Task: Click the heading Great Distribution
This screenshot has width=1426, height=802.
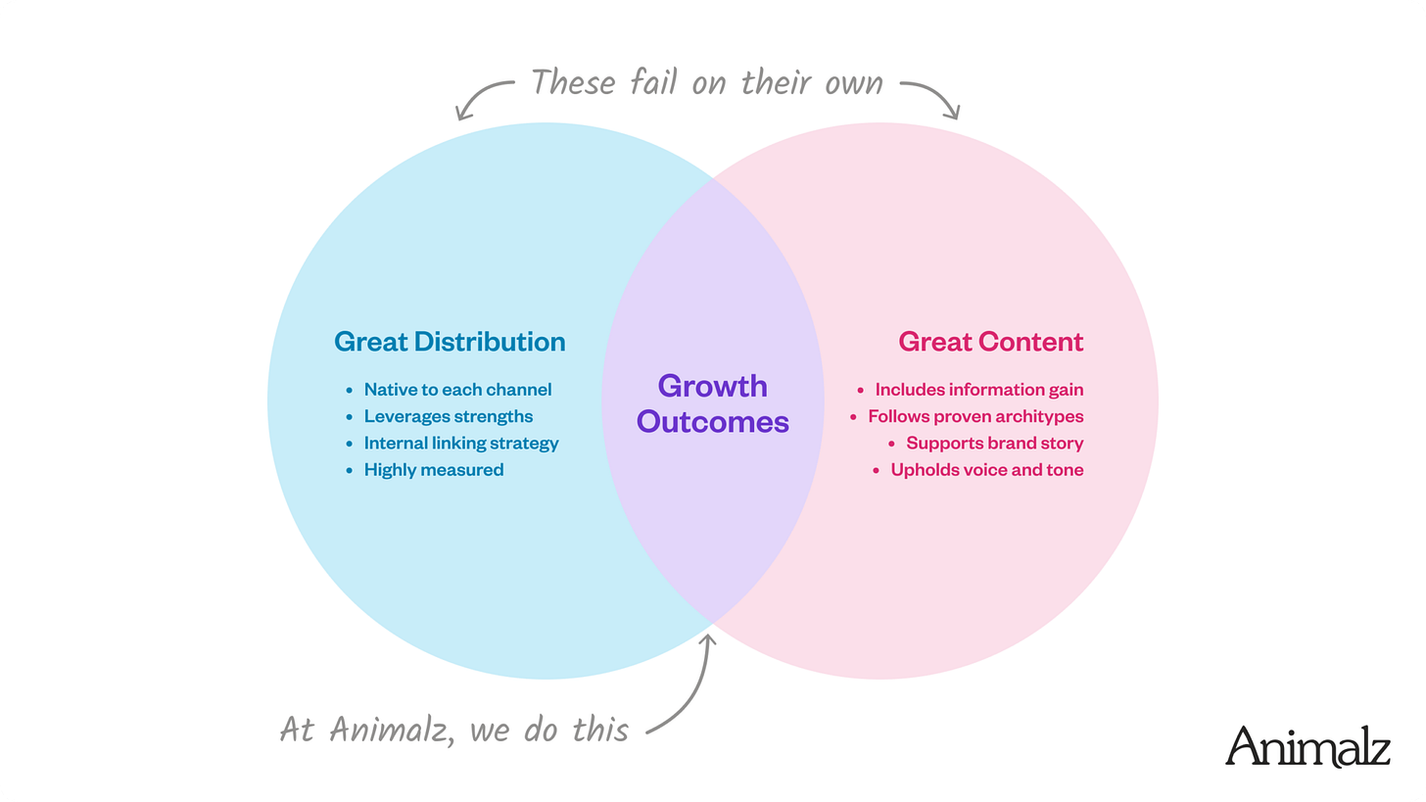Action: (x=450, y=342)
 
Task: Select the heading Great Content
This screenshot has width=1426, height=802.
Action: (x=991, y=342)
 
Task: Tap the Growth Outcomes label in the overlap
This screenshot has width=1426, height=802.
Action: (x=712, y=403)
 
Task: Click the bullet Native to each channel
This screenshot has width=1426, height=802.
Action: (x=457, y=390)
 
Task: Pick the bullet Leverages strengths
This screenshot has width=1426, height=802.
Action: (x=448, y=416)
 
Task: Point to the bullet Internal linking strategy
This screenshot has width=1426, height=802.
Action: (x=461, y=443)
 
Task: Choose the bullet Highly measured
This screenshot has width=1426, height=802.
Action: (x=433, y=470)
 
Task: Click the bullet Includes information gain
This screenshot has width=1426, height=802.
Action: (x=978, y=390)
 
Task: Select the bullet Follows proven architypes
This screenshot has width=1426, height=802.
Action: (x=975, y=416)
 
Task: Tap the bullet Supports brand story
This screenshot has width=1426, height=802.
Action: (x=994, y=443)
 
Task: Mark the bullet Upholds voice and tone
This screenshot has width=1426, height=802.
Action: (x=986, y=470)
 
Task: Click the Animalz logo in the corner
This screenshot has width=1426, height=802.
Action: (x=1307, y=746)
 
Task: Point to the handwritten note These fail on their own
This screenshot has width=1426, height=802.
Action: (x=706, y=82)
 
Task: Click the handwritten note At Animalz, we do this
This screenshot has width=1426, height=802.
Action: (x=453, y=729)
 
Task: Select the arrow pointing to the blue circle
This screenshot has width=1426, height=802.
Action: (x=482, y=96)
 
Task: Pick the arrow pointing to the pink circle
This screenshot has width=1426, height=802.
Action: (x=932, y=96)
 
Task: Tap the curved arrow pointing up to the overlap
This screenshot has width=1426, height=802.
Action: (x=689, y=685)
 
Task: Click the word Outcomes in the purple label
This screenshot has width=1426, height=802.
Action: (x=712, y=422)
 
